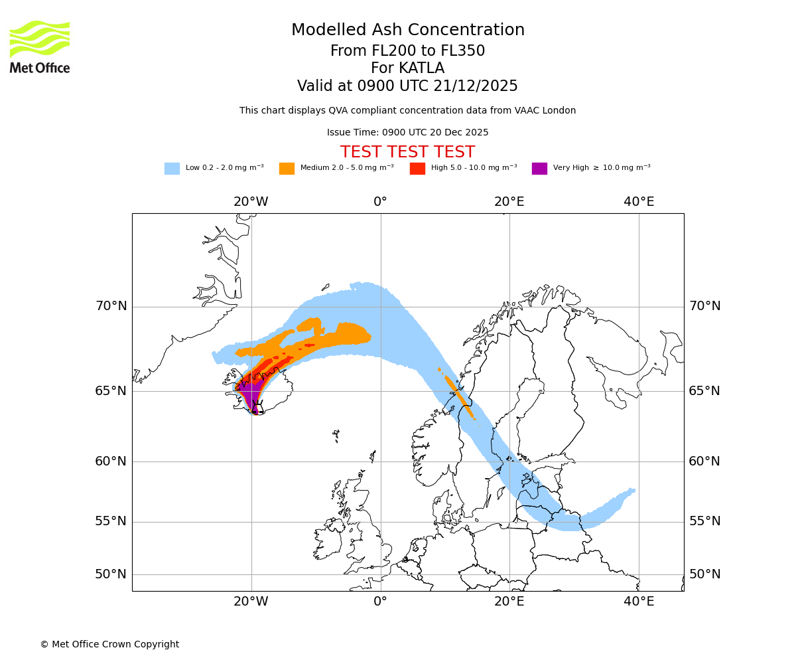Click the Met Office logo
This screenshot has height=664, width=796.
point(40,46)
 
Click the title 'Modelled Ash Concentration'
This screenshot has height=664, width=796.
point(407,30)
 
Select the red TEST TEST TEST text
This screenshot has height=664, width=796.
point(407,152)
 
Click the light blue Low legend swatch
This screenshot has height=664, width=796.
point(172,168)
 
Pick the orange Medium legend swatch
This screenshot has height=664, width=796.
point(287,168)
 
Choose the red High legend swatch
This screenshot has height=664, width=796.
point(417,168)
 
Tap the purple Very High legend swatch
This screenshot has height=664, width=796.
point(539,168)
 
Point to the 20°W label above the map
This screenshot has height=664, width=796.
point(251,202)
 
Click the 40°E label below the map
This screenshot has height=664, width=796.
point(639,602)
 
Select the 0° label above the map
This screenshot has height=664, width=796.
point(380,202)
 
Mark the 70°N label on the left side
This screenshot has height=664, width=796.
point(111,306)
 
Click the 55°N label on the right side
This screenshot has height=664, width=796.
point(704,521)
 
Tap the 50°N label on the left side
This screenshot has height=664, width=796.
point(111,574)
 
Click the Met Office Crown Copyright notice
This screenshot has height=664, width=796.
point(109,644)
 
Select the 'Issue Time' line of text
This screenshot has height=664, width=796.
point(407,132)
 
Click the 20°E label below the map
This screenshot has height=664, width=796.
point(509,602)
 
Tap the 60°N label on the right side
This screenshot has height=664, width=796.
point(704,461)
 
